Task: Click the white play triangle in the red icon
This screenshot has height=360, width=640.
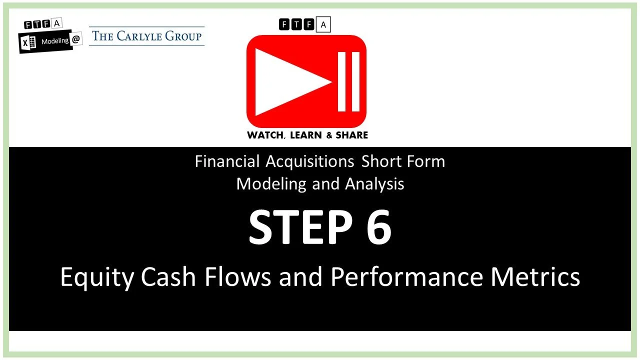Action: coord(287,81)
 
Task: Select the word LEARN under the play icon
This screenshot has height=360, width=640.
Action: coord(308,135)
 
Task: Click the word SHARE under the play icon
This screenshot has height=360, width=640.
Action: coord(352,135)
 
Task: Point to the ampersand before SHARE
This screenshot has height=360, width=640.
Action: coord(331,135)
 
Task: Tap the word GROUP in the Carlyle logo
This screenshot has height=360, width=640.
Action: coord(185,36)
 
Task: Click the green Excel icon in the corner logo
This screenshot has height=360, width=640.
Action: coord(29,43)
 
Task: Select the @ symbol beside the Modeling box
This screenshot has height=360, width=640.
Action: coord(76,40)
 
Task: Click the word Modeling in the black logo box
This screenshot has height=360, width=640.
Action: coord(55,41)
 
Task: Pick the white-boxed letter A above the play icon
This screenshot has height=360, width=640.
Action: coord(323,24)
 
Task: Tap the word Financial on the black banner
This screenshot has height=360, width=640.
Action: coord(227,161)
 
